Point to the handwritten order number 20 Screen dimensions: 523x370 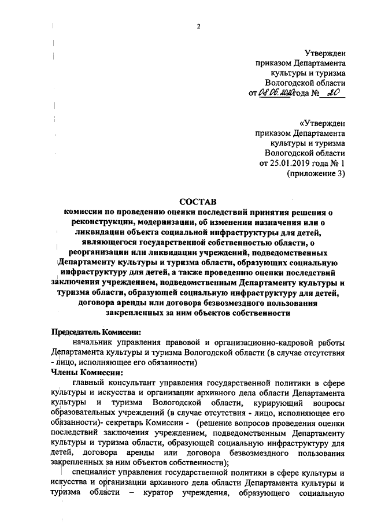click(x=332, y=93)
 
